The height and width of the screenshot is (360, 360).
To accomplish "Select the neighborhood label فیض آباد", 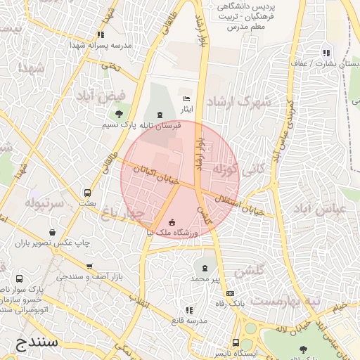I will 122,96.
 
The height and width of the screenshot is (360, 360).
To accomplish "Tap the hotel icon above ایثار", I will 186,100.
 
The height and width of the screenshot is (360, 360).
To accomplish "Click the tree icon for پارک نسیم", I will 119,113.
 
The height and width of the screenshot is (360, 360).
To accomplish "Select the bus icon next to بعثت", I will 87,193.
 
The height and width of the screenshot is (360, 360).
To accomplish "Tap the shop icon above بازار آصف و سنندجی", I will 89,266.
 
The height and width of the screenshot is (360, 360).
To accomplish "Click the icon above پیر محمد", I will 205,269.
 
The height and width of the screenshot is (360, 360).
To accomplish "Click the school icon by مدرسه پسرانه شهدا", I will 101,34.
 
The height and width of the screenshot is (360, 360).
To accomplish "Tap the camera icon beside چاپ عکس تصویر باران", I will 54,233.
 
